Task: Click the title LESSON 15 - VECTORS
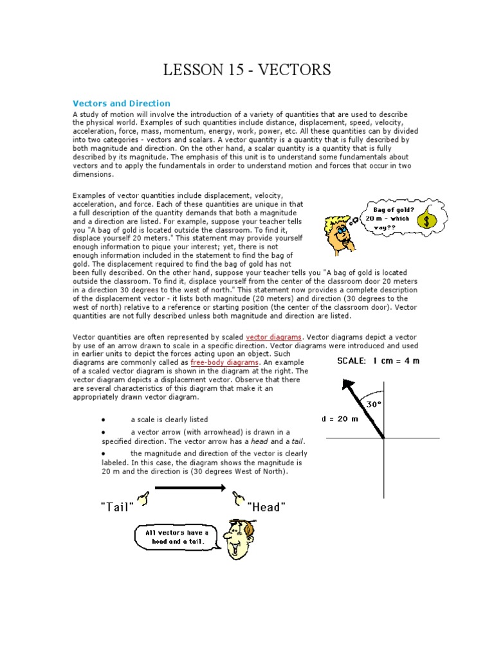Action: [247, 70]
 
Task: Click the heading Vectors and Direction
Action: [121, 103]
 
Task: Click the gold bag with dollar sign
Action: [424, 220]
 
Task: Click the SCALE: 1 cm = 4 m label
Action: [378, 360]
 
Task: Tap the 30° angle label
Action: [374, 404]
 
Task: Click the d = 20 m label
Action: [339, 418]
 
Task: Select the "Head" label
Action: [266, 507]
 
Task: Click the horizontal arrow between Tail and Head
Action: [190, 488]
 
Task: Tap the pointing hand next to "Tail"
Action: [144, 497]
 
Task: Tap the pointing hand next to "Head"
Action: [238, 497]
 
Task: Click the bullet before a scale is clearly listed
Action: [103, 420]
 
